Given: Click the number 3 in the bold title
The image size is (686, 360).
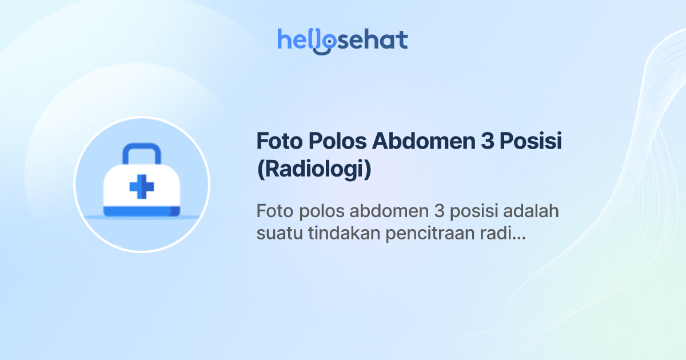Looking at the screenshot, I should pyautogui.click(x=478, y=142).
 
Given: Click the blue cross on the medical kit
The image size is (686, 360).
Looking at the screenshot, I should pyautogui.click(x=142, y=186).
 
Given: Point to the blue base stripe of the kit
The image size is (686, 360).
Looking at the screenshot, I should pyautogui.click(x=142, y=213).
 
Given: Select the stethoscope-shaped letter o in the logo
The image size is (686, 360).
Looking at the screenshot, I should pyautogui.click(x=325, y=41).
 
